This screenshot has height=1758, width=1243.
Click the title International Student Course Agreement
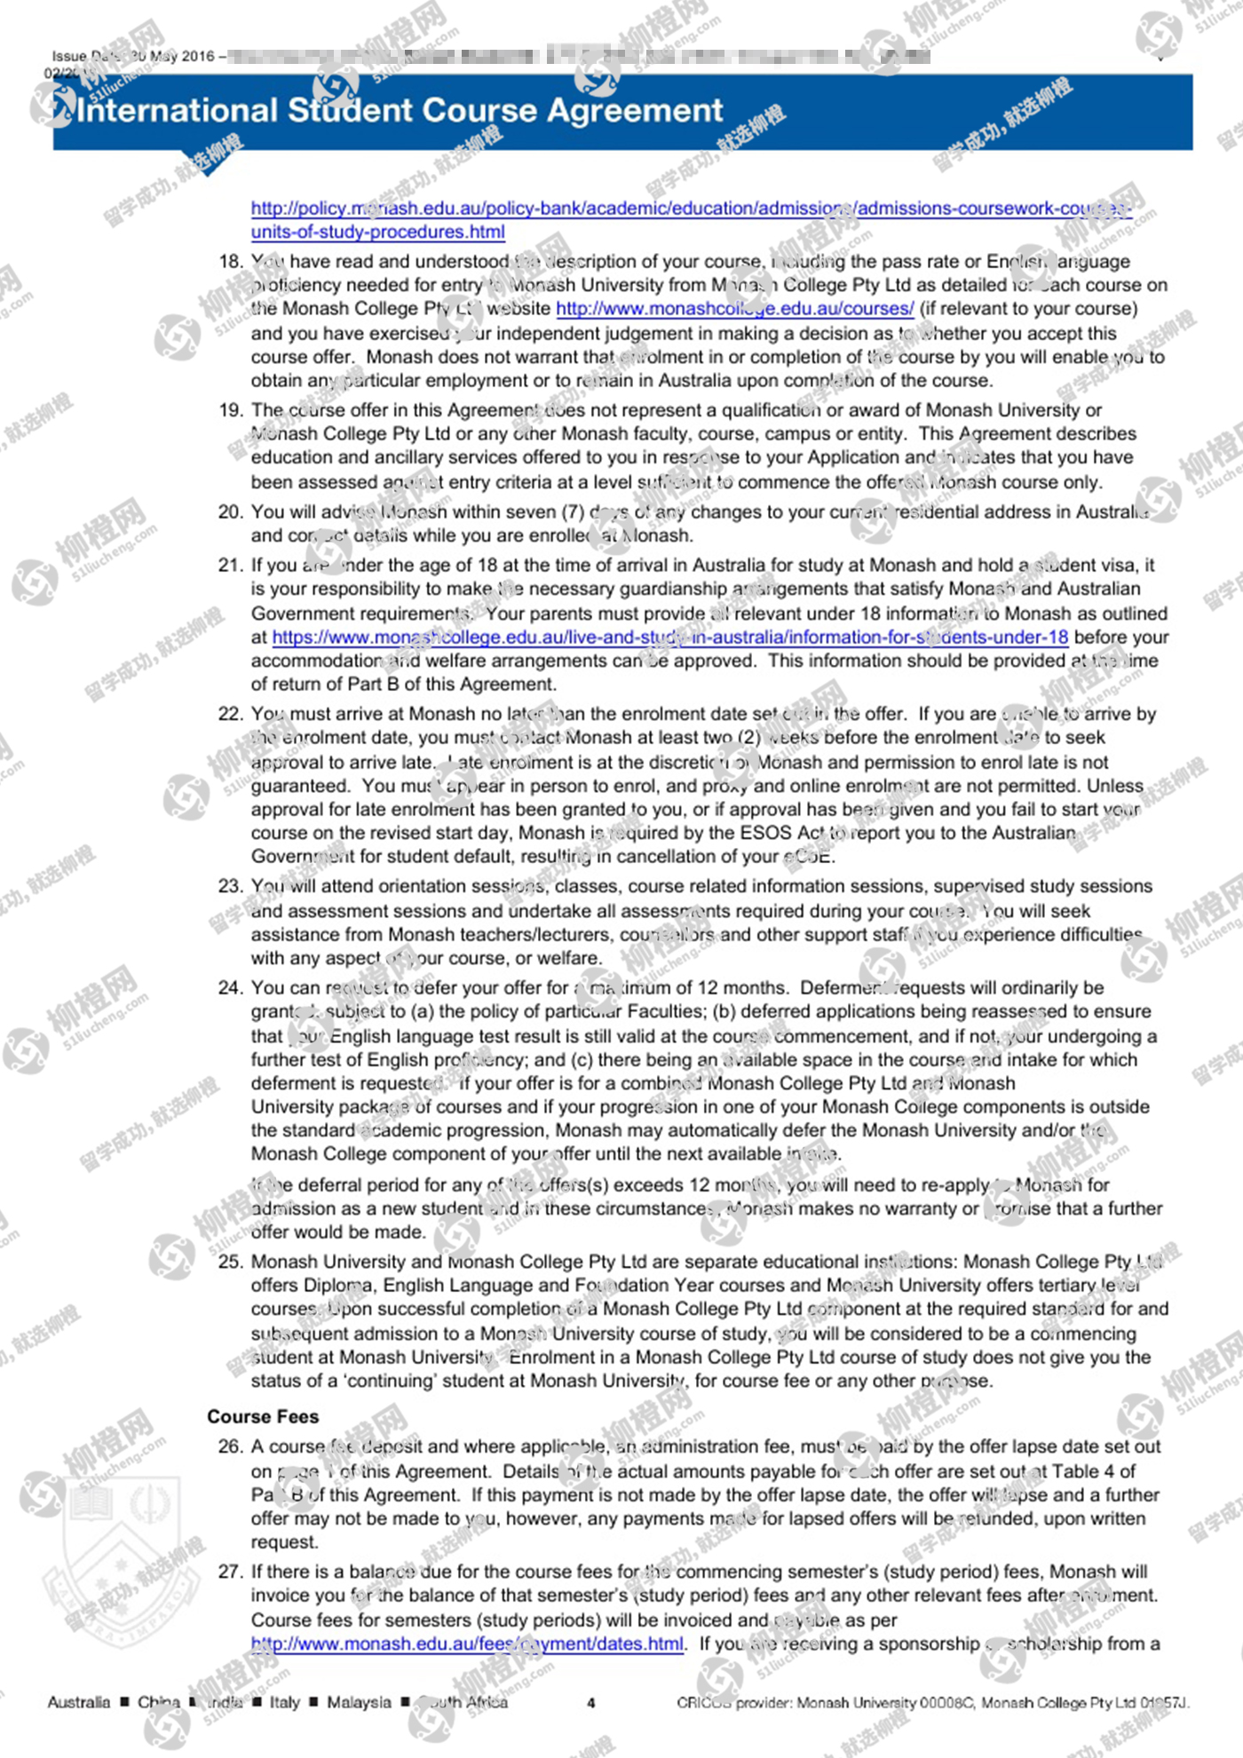(x=400, y=111)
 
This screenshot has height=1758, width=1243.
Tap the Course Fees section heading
(x=263, y=1416)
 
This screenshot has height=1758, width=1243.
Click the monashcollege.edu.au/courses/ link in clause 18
(x=734, y=309)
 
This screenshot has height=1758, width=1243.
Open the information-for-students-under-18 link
(x=669, y=637)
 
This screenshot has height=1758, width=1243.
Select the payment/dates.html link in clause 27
(x=467, y=1643)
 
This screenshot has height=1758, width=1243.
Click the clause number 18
(x=230, y=262)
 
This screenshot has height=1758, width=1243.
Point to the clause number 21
(x=230, y=566)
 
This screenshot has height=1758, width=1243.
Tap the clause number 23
(x=230, y=886)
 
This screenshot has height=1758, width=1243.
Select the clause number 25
(x=230, y=1262)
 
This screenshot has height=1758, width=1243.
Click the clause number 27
(x=230, y=1572)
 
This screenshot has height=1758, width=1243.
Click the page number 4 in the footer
(x=591, y=1703)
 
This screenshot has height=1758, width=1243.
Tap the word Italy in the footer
(x=285, y=1702)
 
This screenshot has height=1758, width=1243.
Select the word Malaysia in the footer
(x=359, y=1702)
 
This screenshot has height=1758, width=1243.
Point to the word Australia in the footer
(x=79, y=1702)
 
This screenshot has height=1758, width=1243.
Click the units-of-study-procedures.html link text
(x=377, y=233)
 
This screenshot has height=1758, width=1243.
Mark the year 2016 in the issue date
(x=197, y=57)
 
